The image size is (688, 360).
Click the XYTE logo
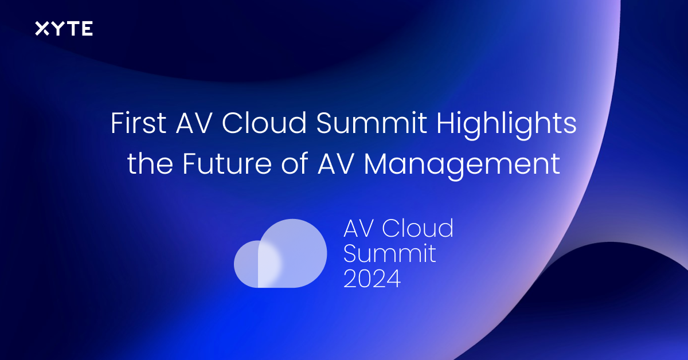64,29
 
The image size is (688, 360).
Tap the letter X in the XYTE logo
42,29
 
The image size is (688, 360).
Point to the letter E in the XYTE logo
87,29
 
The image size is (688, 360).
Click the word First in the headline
139,123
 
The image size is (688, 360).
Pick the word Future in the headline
227,163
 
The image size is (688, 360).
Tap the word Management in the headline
462,166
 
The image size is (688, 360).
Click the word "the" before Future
150,163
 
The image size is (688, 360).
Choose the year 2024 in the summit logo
372,278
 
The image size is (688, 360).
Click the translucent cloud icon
280,253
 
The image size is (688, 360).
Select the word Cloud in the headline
264,123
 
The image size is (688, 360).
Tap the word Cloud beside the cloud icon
418,228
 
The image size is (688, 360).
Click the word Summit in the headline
372,123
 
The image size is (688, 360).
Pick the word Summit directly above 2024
389,253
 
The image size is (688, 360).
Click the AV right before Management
336,164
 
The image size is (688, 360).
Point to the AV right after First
194,123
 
